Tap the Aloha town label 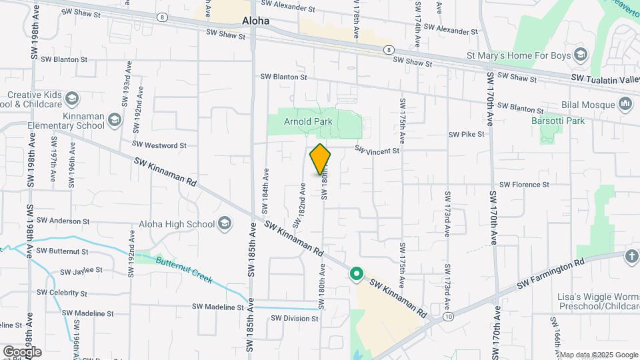255,21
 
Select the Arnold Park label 308,121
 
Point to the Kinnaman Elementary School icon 115,120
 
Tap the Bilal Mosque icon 625,103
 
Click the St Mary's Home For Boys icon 580,55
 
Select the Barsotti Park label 557,121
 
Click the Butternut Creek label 184,269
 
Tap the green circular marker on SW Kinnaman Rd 357,273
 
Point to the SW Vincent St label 377,150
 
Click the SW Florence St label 523,184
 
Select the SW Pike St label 466,134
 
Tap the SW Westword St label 159,144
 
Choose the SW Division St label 294,319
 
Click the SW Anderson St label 63,221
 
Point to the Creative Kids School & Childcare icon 72,99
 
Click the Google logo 22,351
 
